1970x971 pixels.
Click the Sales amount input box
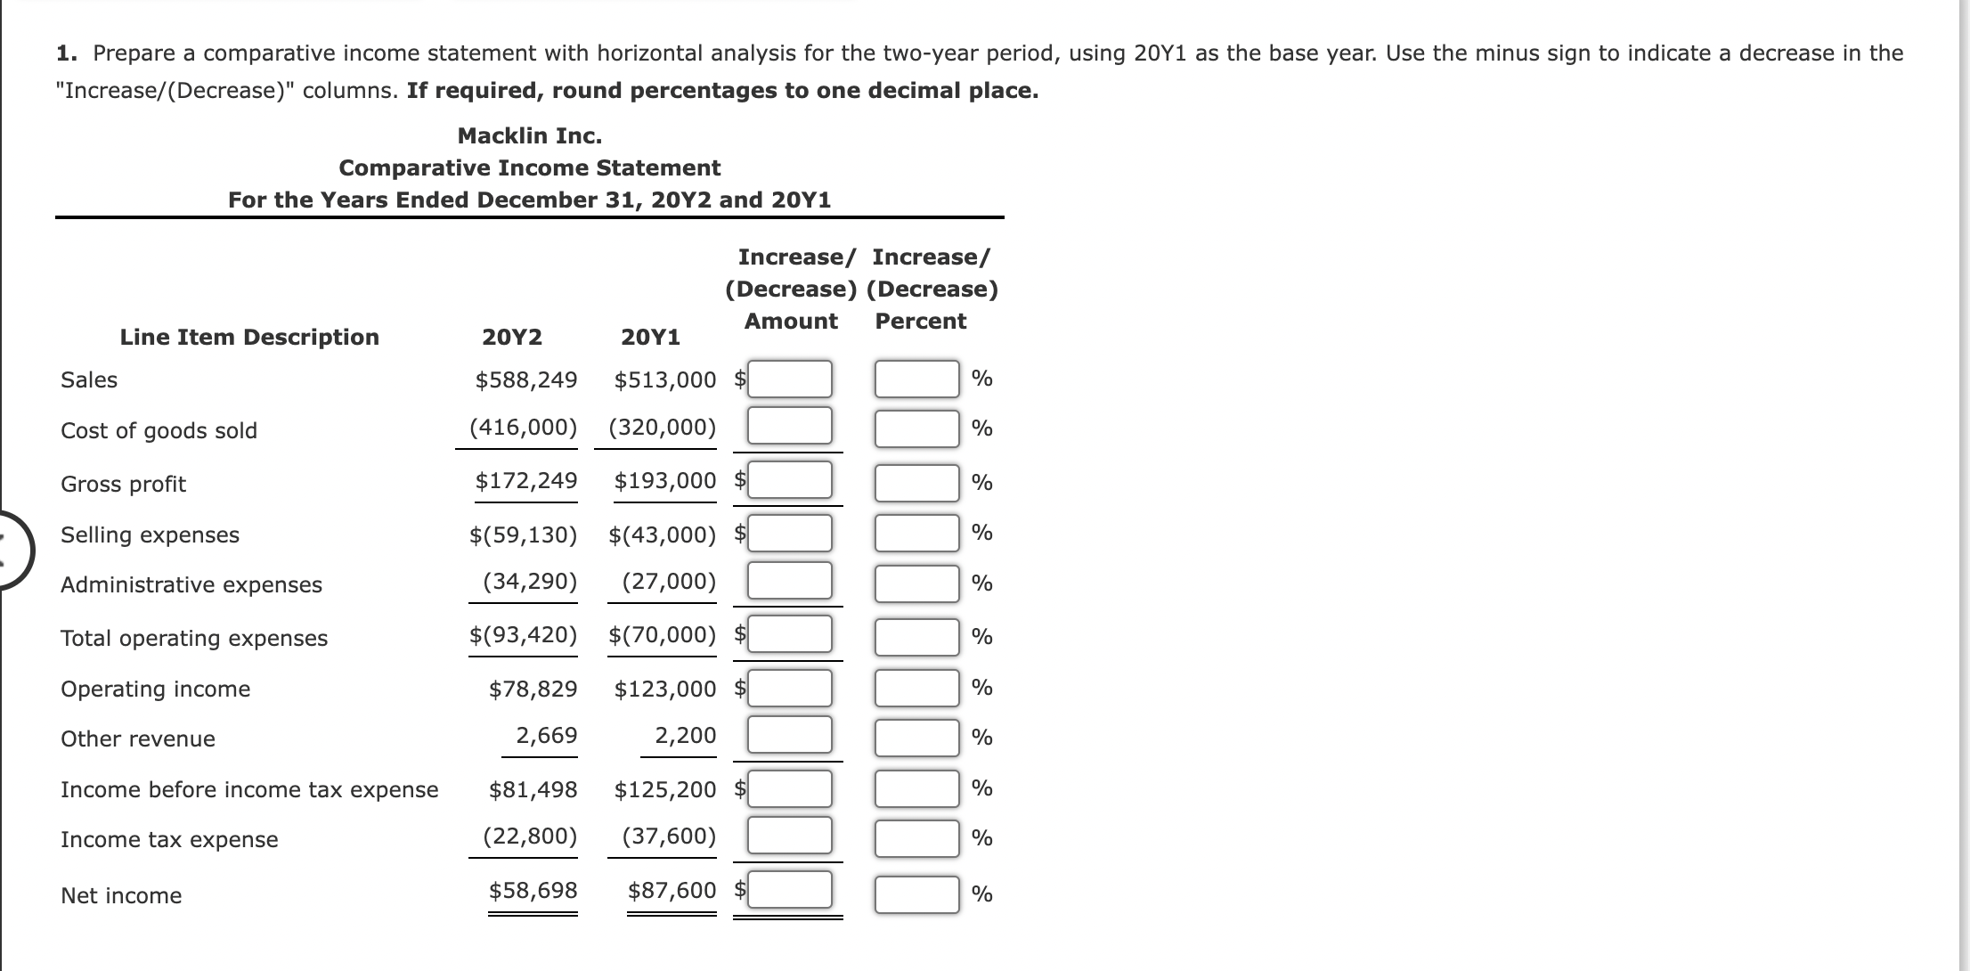click(x=789, y=379)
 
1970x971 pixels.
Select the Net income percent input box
click(x=916, y=894)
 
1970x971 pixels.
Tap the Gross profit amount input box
click(x=789, y=480)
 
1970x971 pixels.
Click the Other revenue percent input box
click(x=916, y=738)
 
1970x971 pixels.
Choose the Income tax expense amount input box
click(x=789, y=836)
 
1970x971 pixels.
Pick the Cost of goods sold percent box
click(x=916, y=428)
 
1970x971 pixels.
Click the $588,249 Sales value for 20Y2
click(x=525, y=380)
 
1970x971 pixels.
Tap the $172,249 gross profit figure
click(x=525, y=481)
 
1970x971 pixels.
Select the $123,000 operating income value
click(x=664, y=689)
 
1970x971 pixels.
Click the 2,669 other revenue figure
click(x=546, y=736)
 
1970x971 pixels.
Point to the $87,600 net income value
click(x=672, y=891)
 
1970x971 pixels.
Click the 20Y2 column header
click(x=511, y=338)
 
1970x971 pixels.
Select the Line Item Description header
click(x=249, y=338)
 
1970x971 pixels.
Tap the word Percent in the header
click(x=920, y=322)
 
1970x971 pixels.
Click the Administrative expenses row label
click(x=191, y=585)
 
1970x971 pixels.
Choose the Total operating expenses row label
click(x=194, y=639)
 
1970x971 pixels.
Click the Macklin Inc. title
click(x=530, y=136)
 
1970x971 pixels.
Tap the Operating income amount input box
click(x=789, y=689)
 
